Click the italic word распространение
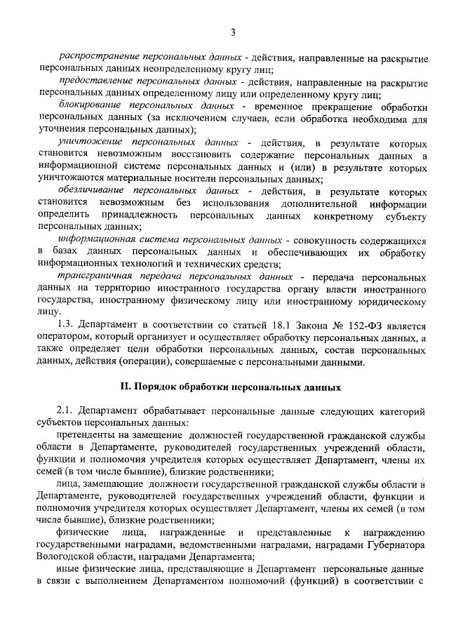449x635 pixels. pyautogui.click(x=96, y=55)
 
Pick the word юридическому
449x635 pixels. pyautogui.click(x=385, y=302)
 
